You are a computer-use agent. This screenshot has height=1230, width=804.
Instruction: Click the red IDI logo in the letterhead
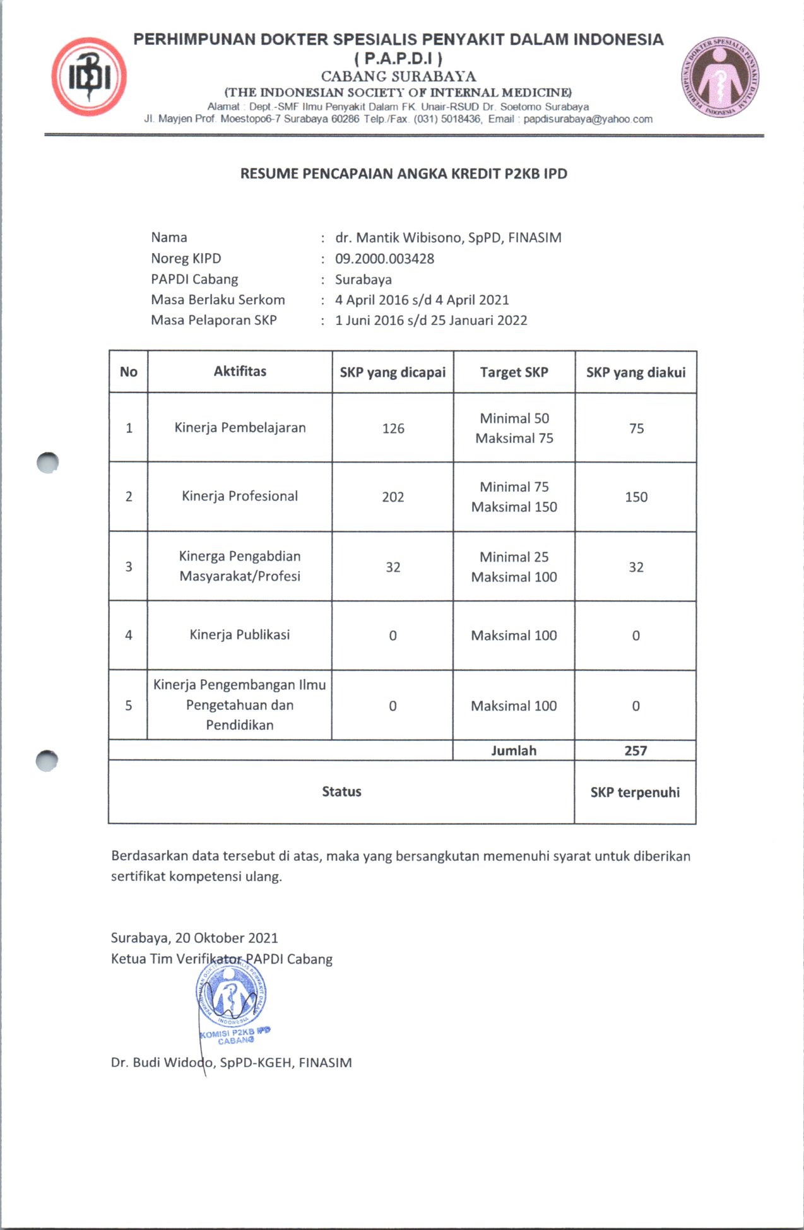click(x=89, y=76)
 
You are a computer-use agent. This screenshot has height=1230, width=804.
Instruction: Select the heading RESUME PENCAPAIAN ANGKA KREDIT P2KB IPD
click(x=403, y=174)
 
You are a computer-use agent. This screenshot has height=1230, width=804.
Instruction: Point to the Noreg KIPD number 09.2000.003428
click(x=384, y=258)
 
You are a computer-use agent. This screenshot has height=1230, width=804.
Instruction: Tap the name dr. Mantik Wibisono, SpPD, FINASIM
click(x=448, y=237)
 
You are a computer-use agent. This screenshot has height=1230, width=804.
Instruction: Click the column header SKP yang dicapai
click(x=393, y=372)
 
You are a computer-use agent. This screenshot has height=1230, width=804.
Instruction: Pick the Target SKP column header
click(x=514, y=372)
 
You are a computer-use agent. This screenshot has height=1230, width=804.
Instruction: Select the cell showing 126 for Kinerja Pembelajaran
click(x=393, y=429)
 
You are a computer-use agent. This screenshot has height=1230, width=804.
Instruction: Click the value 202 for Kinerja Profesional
click(x=393, y=497)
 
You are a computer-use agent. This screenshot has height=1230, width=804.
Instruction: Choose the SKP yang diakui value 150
click(x=636, y=497)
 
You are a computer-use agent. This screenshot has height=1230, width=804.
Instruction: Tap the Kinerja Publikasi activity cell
click(x=240, y=635)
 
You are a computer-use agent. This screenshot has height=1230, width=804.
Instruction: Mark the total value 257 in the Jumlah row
click(x=636, y=750)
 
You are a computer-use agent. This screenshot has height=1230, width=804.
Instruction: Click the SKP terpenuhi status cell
click(x=635, y=792)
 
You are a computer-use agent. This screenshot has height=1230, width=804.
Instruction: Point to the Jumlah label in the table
click(x=514, y=750)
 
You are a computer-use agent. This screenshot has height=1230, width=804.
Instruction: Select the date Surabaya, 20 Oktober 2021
click(x=194, y=938)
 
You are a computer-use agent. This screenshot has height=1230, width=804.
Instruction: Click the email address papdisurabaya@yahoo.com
click(x=588, y=119)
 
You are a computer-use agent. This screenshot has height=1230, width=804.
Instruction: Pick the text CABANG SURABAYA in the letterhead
click(x=398, y=76)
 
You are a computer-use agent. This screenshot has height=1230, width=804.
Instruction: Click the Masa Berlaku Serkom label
click(x=218, y=300)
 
